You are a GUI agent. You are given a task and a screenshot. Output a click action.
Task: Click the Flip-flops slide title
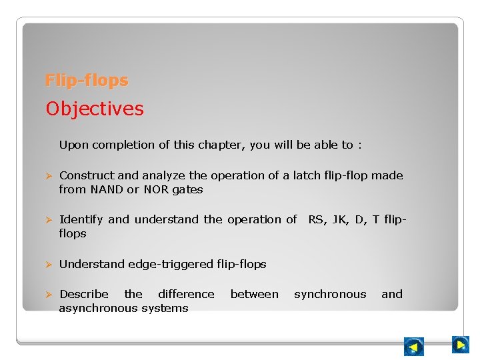[87, 81]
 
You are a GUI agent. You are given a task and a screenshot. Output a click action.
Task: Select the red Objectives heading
[95, 109]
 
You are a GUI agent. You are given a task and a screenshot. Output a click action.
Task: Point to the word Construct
[87, 175]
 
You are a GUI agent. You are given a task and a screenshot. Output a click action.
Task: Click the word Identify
[81, 219]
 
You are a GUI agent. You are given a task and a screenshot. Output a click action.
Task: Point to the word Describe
[84, 294]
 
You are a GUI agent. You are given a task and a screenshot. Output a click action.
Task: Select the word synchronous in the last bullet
[330, 294]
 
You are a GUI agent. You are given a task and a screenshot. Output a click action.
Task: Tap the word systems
[168, 308]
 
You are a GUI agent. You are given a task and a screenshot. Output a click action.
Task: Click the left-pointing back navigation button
[414, 347]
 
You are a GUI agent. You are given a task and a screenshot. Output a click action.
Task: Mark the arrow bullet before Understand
[48, 265]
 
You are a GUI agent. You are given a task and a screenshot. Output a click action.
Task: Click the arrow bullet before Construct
[48, 176]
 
